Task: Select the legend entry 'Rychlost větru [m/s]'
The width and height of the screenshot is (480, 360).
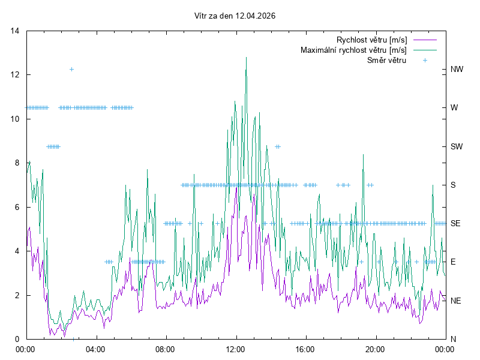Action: tap(372, 40)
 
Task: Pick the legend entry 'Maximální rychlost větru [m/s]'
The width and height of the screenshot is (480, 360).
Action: tap(354, 50)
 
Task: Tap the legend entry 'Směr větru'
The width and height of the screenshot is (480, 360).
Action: tap(386, 60)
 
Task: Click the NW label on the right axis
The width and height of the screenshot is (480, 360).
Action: tap(457, 70)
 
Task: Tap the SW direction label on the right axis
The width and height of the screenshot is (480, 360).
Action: tap(457, 146)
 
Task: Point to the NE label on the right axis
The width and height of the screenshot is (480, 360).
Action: tap(456, 301)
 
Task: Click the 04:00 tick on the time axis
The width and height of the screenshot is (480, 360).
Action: tap(95, 349)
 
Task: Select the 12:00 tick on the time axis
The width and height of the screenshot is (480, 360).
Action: tap(235, 349)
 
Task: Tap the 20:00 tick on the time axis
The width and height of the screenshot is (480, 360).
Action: tap(375, 349)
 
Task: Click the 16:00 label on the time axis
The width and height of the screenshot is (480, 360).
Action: tap(305, 349)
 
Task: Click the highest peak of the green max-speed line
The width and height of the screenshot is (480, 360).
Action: tap(246, 58)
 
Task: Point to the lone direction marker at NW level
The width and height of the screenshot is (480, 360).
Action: tap(71, 70)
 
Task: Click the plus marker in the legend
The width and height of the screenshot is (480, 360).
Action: tap(424, 60)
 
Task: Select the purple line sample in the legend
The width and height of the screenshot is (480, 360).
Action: tap(424, 40)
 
